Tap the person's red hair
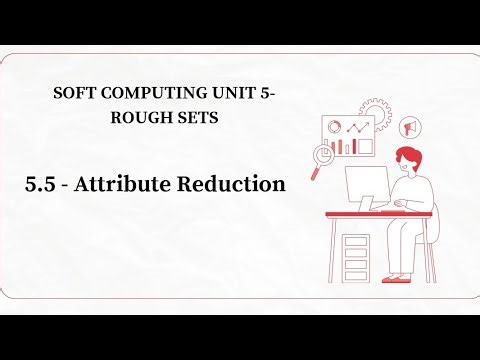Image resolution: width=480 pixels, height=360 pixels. [408, 156]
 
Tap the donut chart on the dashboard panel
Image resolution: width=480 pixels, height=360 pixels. [335, 127]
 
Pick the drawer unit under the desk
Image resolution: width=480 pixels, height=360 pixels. [356, 254]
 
